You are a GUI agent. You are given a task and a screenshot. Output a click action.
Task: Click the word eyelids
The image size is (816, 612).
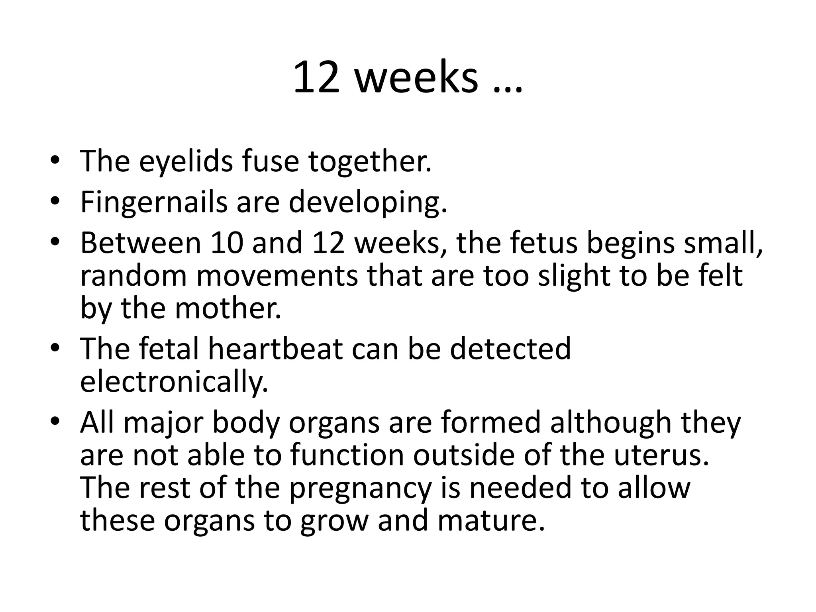coord(186,162)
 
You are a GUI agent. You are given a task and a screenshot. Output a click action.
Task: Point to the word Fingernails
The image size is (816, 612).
coord(153,203)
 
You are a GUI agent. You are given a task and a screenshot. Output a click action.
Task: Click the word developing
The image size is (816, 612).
coord(367,203)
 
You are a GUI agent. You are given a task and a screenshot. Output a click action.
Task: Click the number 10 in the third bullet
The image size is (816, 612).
coord(227,243)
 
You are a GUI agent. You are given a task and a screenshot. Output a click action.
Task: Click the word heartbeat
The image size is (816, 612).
coord(275,349)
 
